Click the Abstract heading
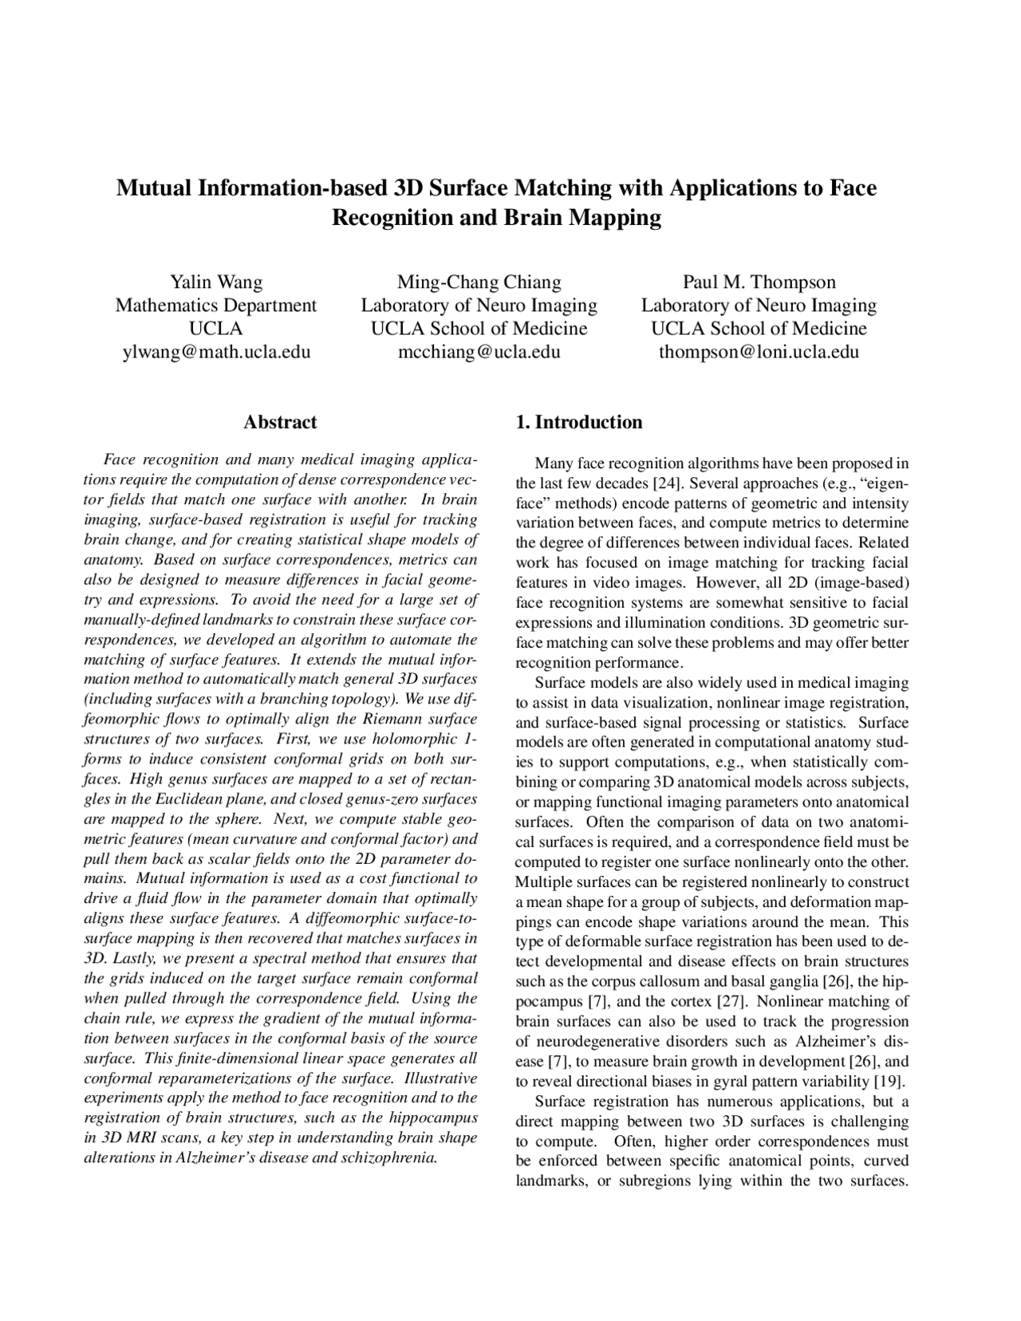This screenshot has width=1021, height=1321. coord(279,422)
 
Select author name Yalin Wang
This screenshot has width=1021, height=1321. coord(215,282)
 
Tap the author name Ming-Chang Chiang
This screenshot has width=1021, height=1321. coord(479,282)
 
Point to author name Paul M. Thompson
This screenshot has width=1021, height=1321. coord(759,282)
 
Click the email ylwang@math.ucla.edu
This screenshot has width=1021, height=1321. coord(215,352)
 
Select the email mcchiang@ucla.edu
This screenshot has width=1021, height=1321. coord(479,352)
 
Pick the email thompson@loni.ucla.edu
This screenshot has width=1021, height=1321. coord(759,352)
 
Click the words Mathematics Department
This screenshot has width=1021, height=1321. coord(215,305)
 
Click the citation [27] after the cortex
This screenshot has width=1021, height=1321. coord(731,1002)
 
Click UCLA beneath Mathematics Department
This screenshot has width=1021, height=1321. coord(215,329)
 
